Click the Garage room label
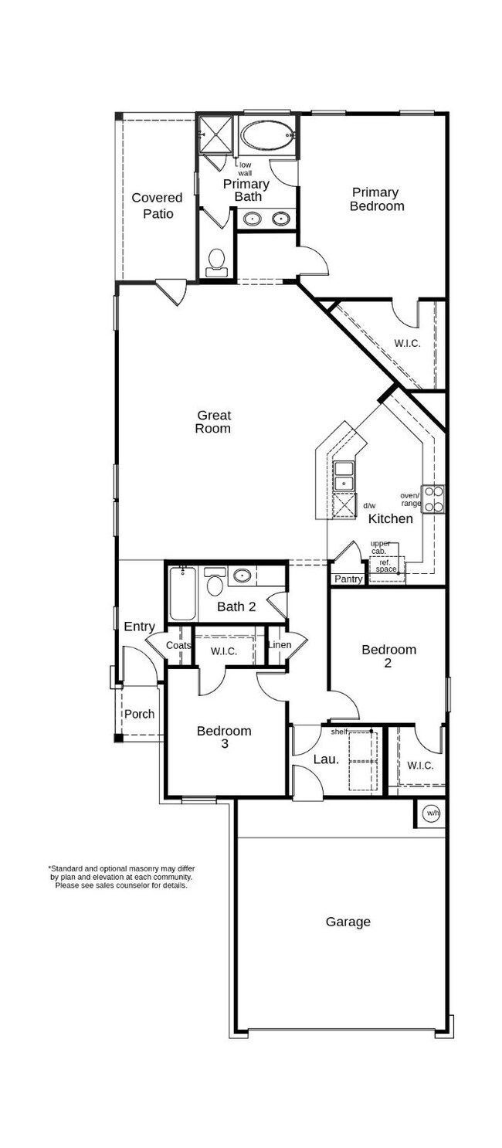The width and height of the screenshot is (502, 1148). click(348, 922)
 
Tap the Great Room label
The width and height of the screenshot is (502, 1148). click(212, 422)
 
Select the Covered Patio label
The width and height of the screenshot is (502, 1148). click(158, 205)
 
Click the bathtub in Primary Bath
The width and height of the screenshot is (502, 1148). click(267, 137)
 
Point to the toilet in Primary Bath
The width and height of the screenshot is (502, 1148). click(216, 261)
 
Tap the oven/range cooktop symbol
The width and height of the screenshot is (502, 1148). click(433, 498)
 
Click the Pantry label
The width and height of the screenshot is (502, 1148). click(348, 579)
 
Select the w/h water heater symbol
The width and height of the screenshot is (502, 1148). click(431, 813)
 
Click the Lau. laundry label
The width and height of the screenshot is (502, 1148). click(326, 759)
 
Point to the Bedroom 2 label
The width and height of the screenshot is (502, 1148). click(388, 656)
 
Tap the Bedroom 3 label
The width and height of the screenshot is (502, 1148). click(223, 737)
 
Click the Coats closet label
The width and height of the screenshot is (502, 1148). click(178, 645)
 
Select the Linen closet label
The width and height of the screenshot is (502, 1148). click(279, 644)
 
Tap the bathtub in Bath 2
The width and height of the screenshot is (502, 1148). click(183, 595)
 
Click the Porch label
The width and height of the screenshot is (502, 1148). click(140, 714)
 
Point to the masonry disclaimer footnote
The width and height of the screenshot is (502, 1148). click(120, 877)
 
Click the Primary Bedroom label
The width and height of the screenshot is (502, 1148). click(376, 199)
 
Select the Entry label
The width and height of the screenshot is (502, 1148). click(139, 627)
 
